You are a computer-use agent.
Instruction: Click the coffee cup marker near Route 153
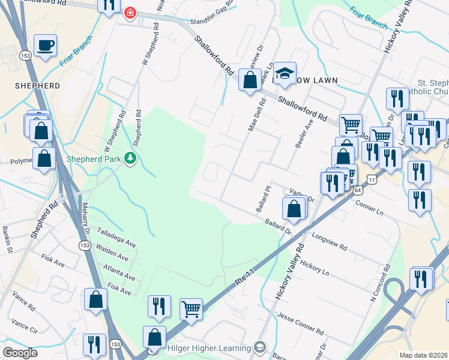coord(45,46)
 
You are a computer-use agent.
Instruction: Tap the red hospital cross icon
coord(129,13)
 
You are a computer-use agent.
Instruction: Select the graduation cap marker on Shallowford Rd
coord(285,73)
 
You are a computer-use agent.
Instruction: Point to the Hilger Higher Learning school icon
coord(259,347)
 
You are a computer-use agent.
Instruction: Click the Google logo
coord(20,353)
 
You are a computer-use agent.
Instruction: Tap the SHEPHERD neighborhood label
coord(37,86)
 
